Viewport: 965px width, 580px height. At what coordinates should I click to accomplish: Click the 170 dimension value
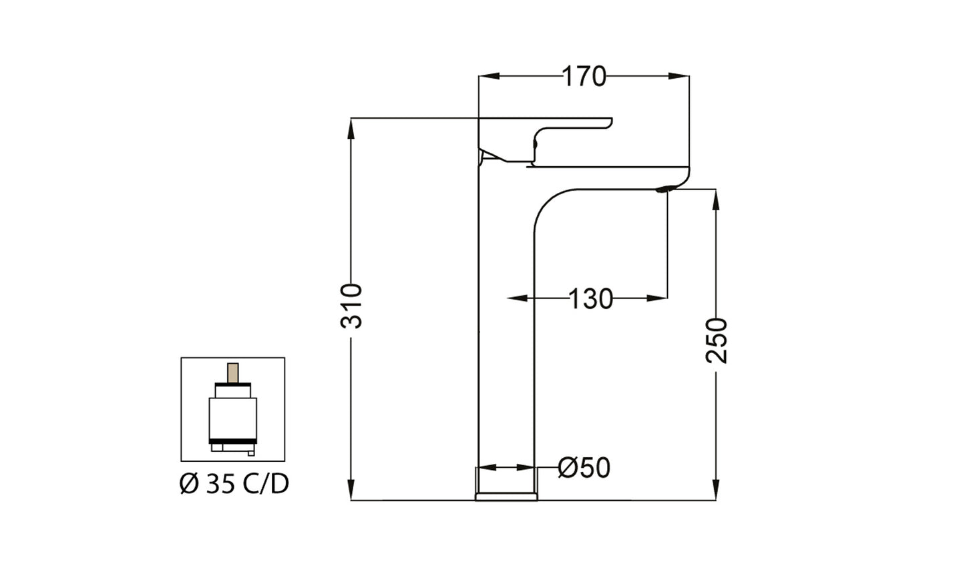coord(583,77)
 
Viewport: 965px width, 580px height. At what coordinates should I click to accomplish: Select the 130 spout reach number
coord(590,299)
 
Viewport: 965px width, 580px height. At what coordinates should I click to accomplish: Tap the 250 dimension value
coord(717,340)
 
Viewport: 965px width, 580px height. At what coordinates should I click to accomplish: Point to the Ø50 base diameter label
coord(584,468)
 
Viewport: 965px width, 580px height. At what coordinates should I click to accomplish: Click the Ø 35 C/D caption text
coord(234,484)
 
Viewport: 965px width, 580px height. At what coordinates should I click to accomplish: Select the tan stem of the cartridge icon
coord(233,373)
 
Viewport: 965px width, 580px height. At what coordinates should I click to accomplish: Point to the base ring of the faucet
coord(506,496)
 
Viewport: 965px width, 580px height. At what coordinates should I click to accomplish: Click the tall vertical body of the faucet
coord(506,334)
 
